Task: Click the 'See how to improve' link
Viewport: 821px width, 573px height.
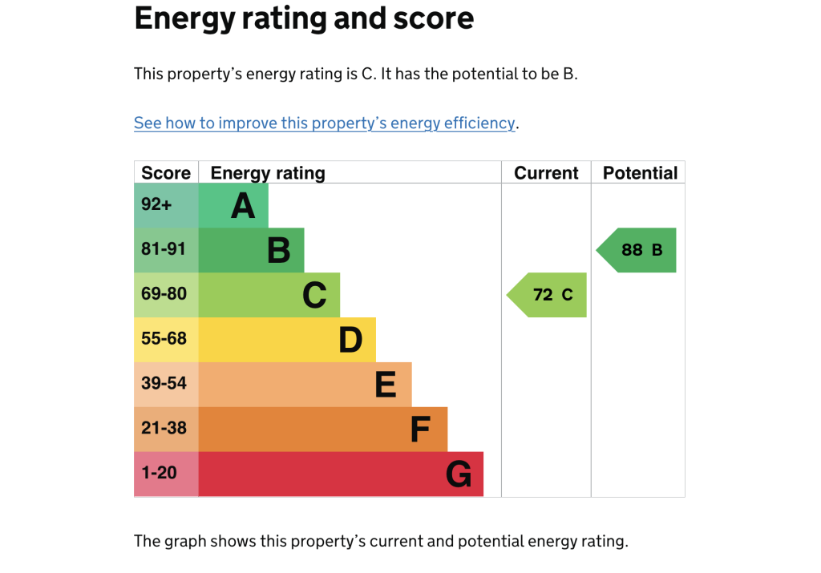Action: point(325,123)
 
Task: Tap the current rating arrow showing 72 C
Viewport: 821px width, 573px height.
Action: point(547,295)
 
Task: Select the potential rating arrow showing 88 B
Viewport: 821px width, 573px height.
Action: point(636,250)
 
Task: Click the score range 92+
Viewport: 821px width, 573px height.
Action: point(156,204)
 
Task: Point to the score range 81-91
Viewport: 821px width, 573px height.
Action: point(164,248)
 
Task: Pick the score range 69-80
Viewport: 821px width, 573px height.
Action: point(164,293)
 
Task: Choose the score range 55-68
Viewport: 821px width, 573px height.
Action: point(164,338)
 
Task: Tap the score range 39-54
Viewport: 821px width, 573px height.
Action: point(164,383)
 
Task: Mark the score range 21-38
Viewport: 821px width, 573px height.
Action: point(164,428)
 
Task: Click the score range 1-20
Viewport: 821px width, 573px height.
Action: point(160,473)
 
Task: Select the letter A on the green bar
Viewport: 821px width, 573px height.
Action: point(243,206)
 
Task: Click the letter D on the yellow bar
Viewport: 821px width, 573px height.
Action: point(350,340)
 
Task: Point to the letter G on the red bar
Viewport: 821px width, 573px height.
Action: point(459,474)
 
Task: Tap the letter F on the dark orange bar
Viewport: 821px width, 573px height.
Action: point(420,430)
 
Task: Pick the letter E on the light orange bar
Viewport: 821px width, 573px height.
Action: point(386,385)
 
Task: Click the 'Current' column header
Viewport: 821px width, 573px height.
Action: point(546,173)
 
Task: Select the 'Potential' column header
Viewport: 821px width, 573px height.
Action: point(640,173)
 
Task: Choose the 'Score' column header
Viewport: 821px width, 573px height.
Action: point(166,173)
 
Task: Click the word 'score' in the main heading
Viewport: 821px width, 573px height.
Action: point(434,19)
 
